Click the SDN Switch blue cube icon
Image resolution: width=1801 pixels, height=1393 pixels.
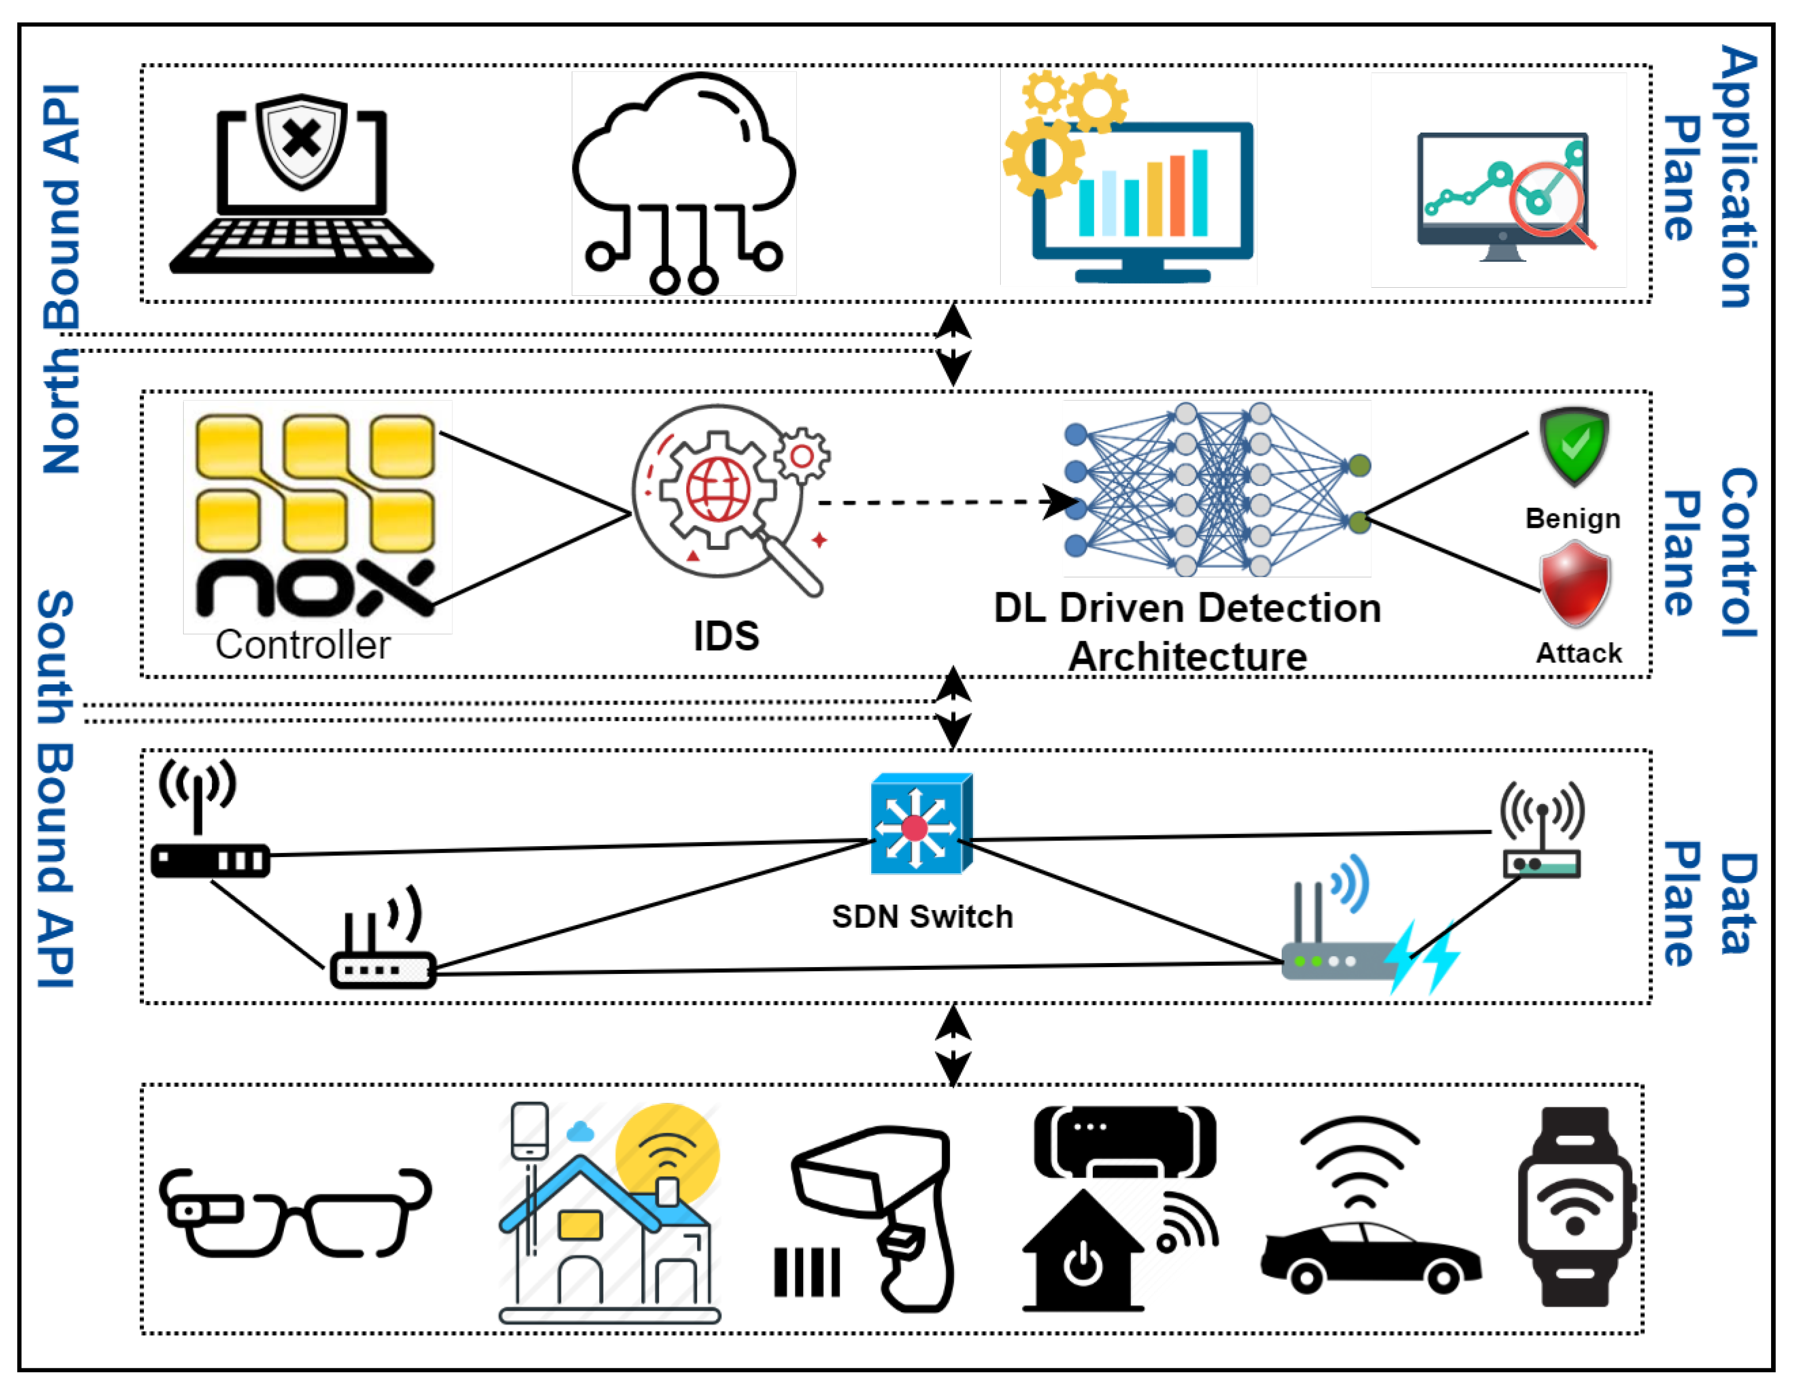point(921,824)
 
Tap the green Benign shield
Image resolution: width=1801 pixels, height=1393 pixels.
point(1574,446)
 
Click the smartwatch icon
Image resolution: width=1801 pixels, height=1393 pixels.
point(1576,1206)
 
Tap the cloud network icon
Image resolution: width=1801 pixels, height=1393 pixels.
point(683,183)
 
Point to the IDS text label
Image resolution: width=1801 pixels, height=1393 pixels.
point(725,635)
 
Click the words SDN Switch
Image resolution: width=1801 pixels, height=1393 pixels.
point(922,916)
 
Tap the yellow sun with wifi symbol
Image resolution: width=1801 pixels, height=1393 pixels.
point(667,1154)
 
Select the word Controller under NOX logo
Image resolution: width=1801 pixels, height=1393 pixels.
point(303,645)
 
